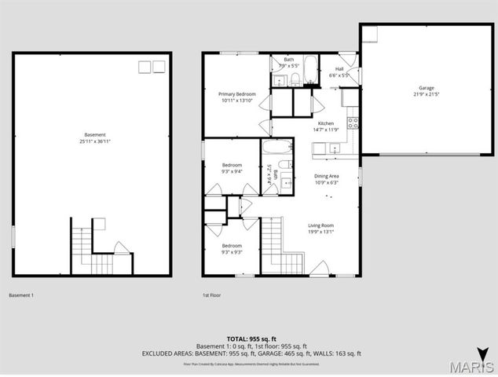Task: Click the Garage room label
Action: click(x=427, y=88)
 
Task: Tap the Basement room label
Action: click(x=94, y=134)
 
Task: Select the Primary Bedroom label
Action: click(x=237, y=93)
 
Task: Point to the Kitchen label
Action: click(x=326, y=123)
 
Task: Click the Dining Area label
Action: click(x=326, y=176)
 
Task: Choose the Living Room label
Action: click(x=320, y=225)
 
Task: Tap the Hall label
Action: click(x=340, y=68)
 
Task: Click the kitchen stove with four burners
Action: click(x=353, y=123)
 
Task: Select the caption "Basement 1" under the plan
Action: click(x=21, y=295)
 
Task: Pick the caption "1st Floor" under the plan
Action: click(x=212, y=295)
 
